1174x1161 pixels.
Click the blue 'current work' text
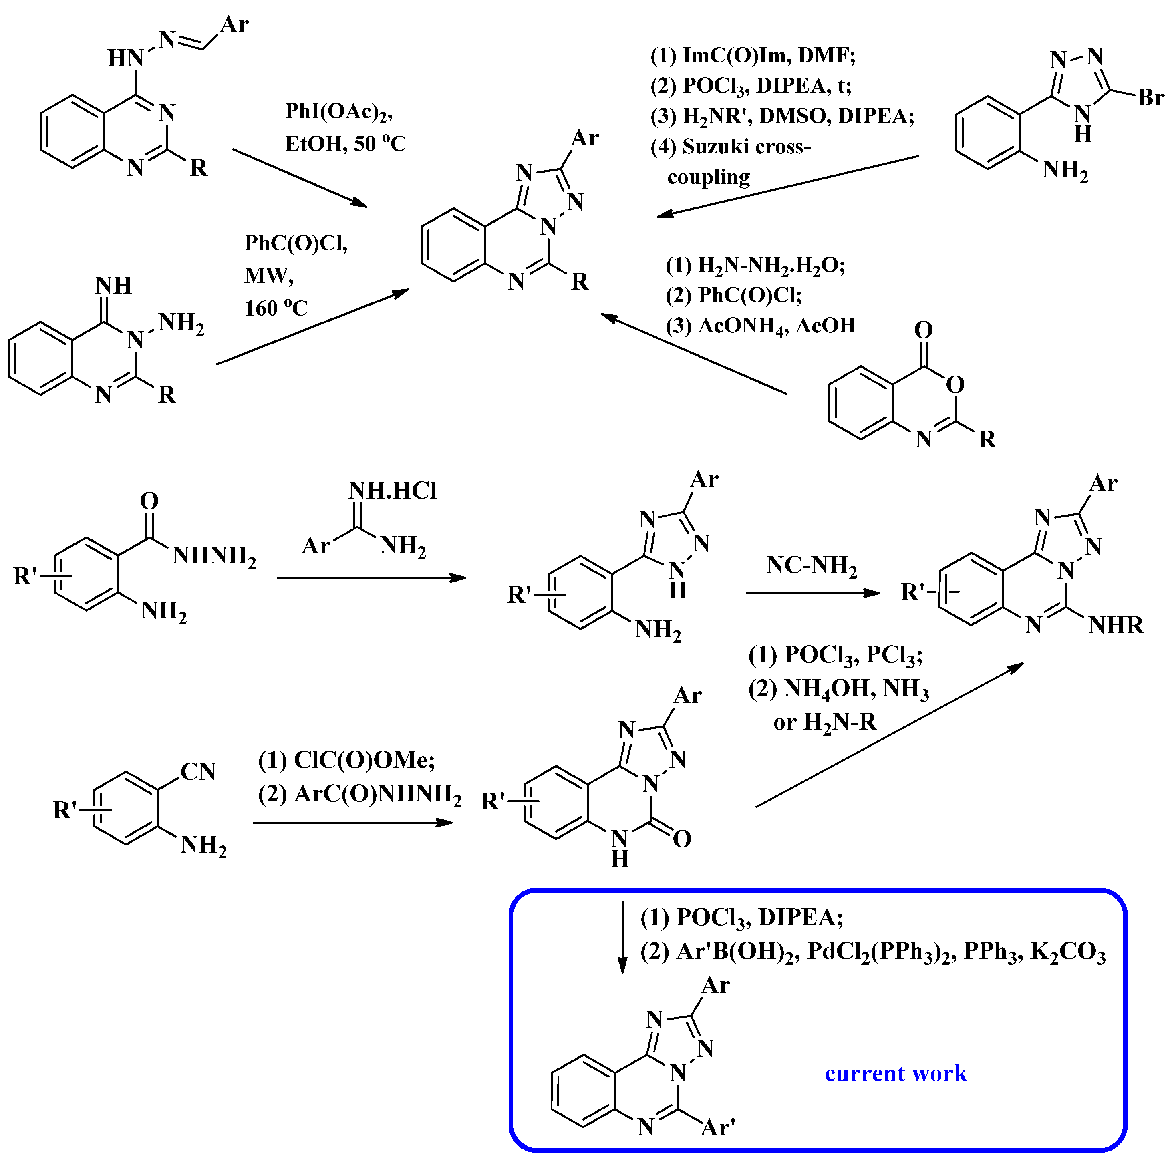pos(895,1074)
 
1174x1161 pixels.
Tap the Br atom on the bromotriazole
pos(1150,97)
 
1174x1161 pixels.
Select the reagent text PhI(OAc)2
pos(338,112)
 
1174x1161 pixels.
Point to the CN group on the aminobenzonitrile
pos(198,772)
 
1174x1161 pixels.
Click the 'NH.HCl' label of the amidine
pos(393,490)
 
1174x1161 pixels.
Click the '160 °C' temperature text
pos(276,308)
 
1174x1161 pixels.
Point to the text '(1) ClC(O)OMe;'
pos(346,760)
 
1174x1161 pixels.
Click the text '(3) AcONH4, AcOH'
pos(760,326)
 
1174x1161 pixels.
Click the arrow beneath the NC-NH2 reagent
pos(812,593)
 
